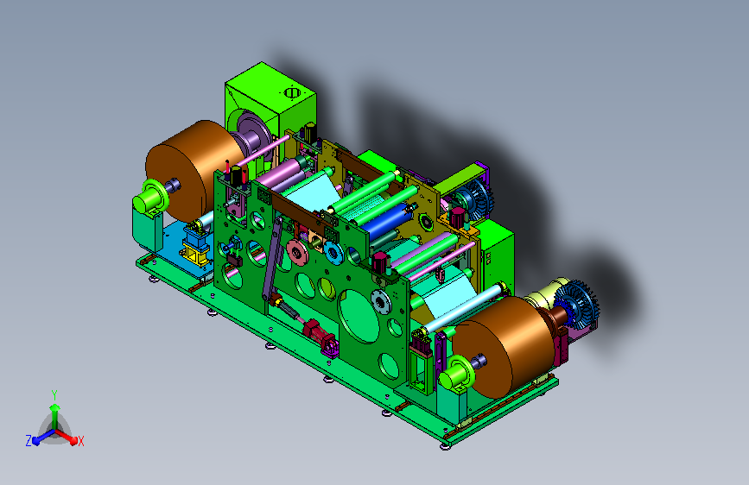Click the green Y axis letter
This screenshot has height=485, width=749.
click(54, 395)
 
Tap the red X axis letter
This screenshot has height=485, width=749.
click(81, 441)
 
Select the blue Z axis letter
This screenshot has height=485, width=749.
click(29, 441)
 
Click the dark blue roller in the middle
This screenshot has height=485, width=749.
click(387, 222)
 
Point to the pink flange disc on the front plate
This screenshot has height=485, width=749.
click(297, 251)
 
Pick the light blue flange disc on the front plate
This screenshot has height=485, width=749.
click(333, 253)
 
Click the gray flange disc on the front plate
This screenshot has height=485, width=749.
click(381, 302)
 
